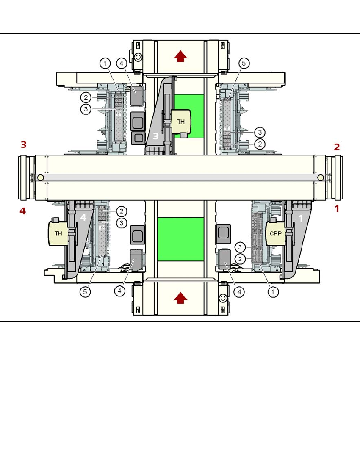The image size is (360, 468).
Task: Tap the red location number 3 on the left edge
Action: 24,145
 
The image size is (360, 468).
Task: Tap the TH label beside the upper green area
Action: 181,121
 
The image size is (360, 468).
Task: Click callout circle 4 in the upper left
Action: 121,64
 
